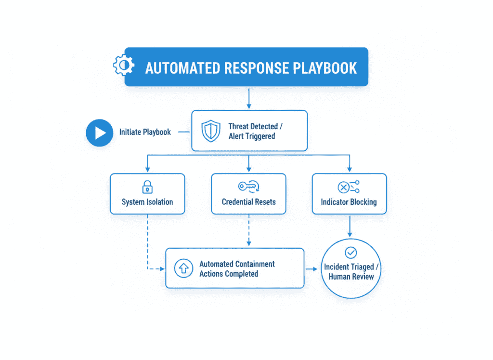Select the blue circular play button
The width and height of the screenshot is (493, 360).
pyautogui.click(x=99, y=132)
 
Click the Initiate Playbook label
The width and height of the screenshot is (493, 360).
pyautogui.click(x=145, y=132)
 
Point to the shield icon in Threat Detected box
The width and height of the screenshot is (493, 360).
pyautogui.click(x=211, y=131)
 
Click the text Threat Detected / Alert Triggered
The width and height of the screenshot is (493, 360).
pyautogui.click(x=256, y=131)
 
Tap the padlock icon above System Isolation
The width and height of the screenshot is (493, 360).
pyautogui.click(x=147, y=187)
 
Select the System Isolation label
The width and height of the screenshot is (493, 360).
pyautogui.click(x=147, y=202)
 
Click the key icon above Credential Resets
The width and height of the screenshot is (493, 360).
pyautogui.click(x=248, y=187)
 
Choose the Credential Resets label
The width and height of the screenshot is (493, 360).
pyautogui.click(x=248, y=202)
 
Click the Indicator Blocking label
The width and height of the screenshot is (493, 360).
pyautogui.click(x=349, y=202)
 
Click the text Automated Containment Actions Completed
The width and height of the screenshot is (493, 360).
pyautogui.click(x=237, y=269)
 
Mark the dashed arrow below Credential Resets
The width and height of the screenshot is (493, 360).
pyautogui.click(x=248, y=230)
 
